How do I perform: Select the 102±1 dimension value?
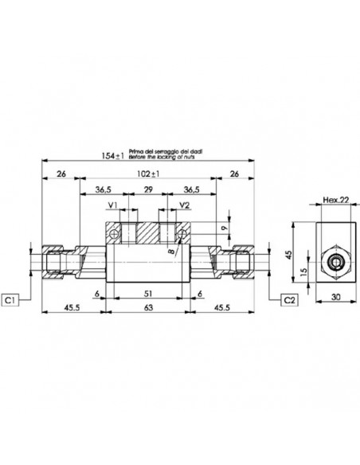(145, 173)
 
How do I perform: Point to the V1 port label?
(113, 205)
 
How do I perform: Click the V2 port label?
(184, 205)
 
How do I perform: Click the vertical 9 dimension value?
(225, 229)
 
